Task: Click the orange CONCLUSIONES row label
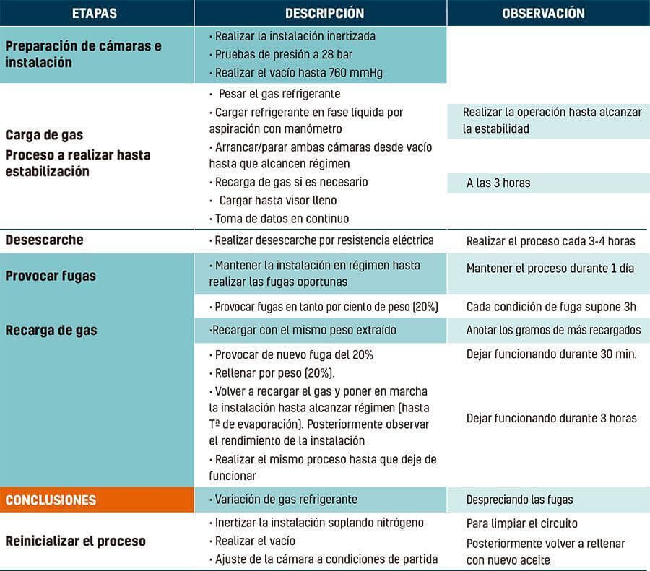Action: click(x=51, y=500)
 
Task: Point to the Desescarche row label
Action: click(x=45, y=240)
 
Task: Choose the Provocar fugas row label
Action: click(x=51, y=276)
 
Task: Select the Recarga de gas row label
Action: click(x=51, y=330)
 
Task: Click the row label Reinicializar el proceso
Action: click(x=76, y=541)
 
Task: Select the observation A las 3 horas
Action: click(x=498, y=183)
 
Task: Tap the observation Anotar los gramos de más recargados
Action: click(x=553, y=330)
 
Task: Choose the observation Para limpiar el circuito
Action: click(x=522, y=523)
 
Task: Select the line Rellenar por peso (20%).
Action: click(x=275, y=373)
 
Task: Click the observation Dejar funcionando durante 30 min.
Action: click(x=551, y=355)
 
